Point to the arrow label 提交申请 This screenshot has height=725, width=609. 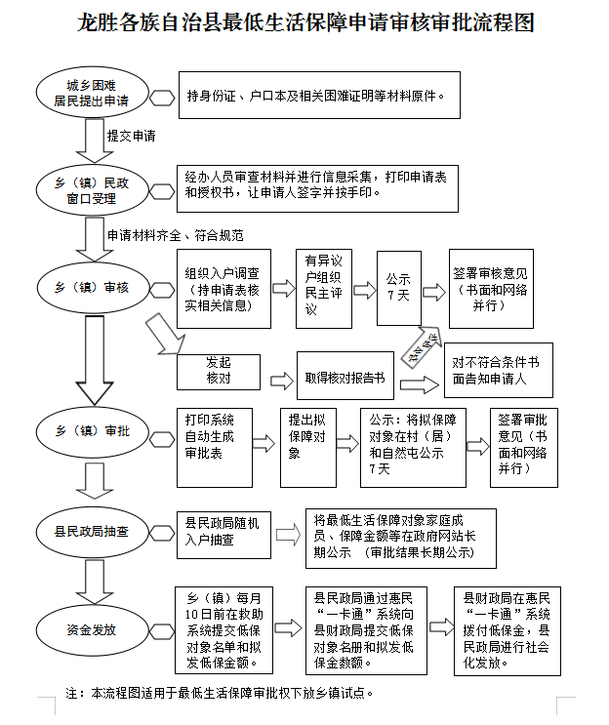[x=131, y=136]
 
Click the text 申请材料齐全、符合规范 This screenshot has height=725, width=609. [x=174, y=235]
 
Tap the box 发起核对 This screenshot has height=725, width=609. [x=218, y=370]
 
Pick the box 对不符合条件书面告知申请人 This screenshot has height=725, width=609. [x=498, y=369]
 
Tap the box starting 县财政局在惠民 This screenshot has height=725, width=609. [x=507, y=629]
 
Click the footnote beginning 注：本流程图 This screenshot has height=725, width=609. [x=220, y=693]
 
